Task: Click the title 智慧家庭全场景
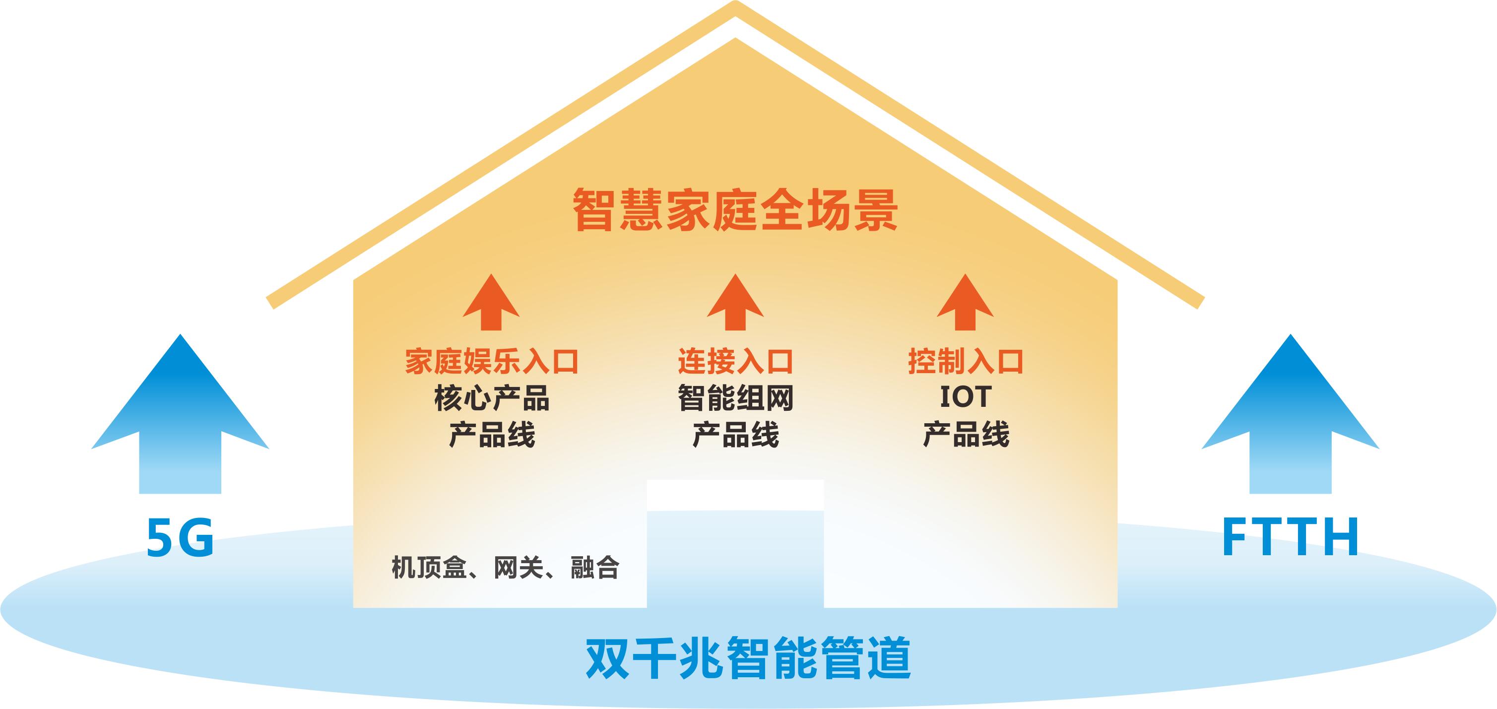point(735,210)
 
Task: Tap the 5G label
point(180,537)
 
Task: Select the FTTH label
point(1290,537)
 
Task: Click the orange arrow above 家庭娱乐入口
point(491,303)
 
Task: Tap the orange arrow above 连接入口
point(735,303)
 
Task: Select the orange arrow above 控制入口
point(965,303)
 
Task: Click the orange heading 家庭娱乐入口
point(492,362)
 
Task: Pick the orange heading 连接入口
point(736,362)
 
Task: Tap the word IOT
point(965,397)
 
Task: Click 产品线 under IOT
point(966,435)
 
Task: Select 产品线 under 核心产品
point(492,435)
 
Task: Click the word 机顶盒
point(429,567)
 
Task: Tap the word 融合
point(595,567)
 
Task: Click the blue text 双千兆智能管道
point(748,658)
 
